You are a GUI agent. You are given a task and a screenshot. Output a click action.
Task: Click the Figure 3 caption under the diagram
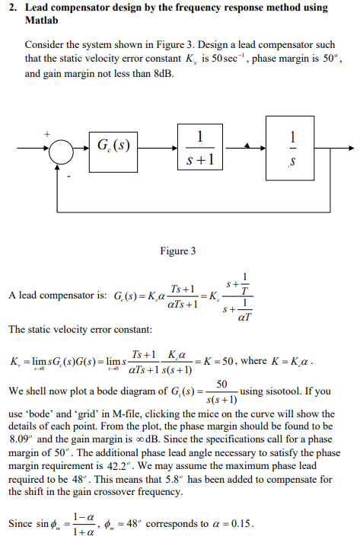tap(178, 251)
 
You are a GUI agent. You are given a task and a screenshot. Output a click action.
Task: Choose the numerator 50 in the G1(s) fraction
tap(221, 384)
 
